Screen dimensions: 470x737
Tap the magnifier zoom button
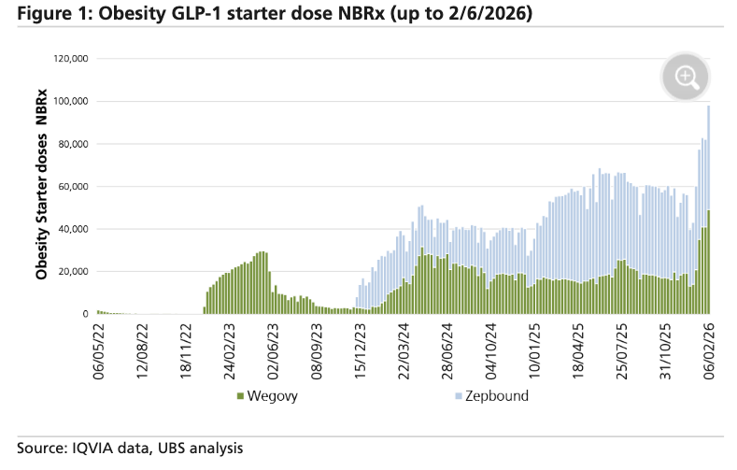(x=687, y=77)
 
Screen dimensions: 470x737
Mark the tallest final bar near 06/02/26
(x=709, y=206)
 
